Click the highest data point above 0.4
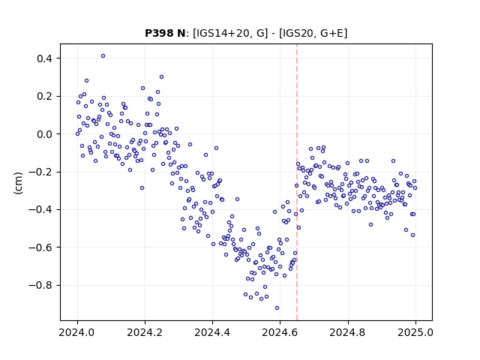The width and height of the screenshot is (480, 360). tap(103, 56)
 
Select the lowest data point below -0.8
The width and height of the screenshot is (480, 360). tap(277, 308)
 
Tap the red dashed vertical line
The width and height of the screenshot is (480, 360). tap(297, 182)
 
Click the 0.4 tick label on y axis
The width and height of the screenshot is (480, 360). tap(45, 58)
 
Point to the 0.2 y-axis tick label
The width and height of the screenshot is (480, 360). tap(45, 97)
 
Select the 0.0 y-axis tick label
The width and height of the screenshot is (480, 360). tap(45, 134)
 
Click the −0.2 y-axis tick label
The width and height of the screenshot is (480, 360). tap(41, 172)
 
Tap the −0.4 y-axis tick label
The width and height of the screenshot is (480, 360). tap(41, 210)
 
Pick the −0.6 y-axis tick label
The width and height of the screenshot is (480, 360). tap(41, 247)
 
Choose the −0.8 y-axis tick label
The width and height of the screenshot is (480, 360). tap(41, 285)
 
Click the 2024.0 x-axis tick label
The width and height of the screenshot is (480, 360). tap(77, 332)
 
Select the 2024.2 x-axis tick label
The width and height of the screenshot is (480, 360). tap(145, 332)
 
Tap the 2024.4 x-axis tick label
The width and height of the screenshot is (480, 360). tap(212, 332)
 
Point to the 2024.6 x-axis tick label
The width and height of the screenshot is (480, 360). tap(280, 332)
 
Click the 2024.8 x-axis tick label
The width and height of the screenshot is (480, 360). tap(347, 332)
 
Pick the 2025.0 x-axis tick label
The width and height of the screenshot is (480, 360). tap(415, 332)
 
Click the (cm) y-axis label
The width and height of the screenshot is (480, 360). tap(18, 183)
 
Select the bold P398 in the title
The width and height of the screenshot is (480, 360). tap(157, 33)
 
